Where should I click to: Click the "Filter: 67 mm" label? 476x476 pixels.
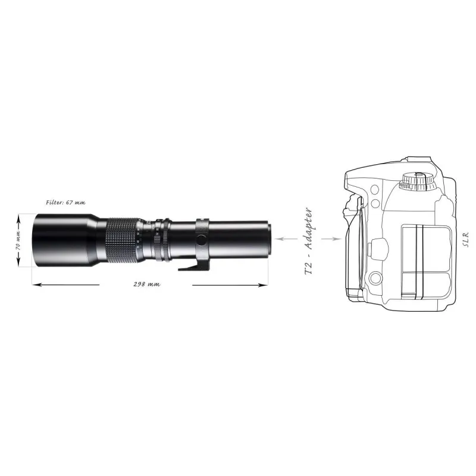[65, 202]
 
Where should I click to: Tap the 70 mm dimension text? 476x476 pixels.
[18, 240]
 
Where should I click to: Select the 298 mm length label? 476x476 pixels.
[147, 284]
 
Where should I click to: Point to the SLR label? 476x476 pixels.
[466, 240]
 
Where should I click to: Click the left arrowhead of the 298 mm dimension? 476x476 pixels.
[36, 285]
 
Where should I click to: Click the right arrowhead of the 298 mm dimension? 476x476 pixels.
[264, 285]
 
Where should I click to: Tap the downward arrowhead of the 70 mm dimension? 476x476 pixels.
[18, 263]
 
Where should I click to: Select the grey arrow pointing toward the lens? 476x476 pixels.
[286, 239]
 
